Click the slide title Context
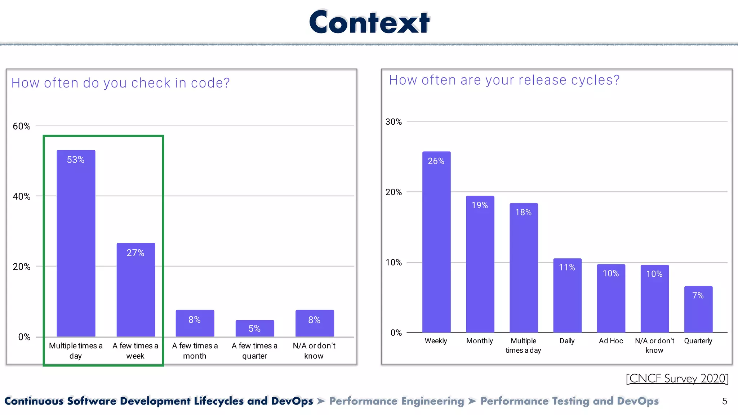(369, 22)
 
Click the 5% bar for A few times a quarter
(255, 328)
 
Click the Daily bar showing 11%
(567, 295)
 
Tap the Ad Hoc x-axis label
(611, 341)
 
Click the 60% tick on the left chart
(22, 126)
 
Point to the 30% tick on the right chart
(394, 122)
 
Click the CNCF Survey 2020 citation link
(677, 379)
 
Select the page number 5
(724, 401)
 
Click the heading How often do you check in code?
(120, 83)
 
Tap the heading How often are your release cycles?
(504, 80)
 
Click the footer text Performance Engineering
(396, 401)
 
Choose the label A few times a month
(195, 351)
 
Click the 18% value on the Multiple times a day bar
(523, 212)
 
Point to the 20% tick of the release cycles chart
(394, 192)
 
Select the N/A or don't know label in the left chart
(314, 351)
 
